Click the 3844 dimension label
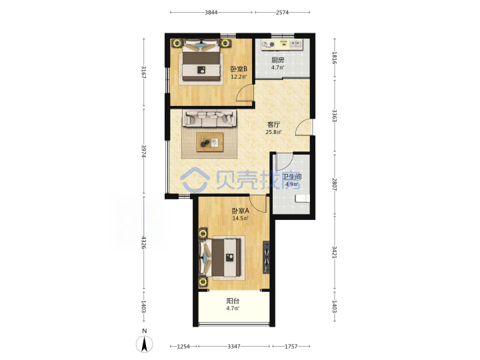coord(211,12)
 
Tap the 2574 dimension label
coord(282,12)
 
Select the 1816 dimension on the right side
coord(334,58)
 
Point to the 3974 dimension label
coord(143,151)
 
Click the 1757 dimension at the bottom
coord(291,346)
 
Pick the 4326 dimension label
coord(143,242)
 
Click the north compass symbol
coord(145,341)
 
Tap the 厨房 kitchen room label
coord(277,60)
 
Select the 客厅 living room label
coord(273,124)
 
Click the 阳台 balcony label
coord(233,301)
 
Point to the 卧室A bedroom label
coord(240,211)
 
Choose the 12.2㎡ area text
coord(239,77)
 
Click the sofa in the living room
coord(210,119)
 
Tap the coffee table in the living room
coord(210,142)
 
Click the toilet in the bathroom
coord(303,199)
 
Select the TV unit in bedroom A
coord(266,257)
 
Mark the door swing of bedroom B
coord(245,93)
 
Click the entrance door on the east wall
coord(303,127)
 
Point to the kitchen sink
coord(296,44)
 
